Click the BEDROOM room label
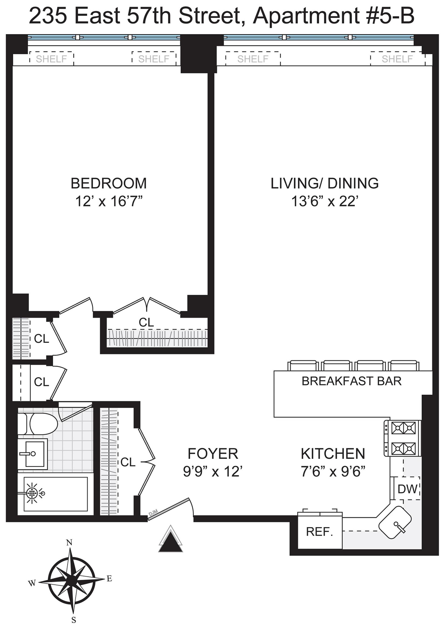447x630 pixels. (109, 183)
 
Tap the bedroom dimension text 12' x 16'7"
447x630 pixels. (109, 201)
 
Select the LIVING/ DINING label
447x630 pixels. (325, 183)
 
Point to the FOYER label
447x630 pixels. (213, 453)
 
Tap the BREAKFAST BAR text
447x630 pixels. (352, 381)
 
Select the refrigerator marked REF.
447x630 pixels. (320, 532)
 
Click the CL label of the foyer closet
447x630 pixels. (128, 462)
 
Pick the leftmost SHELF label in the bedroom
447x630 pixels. (51, 59)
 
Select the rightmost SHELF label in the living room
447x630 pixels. (397, 59)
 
